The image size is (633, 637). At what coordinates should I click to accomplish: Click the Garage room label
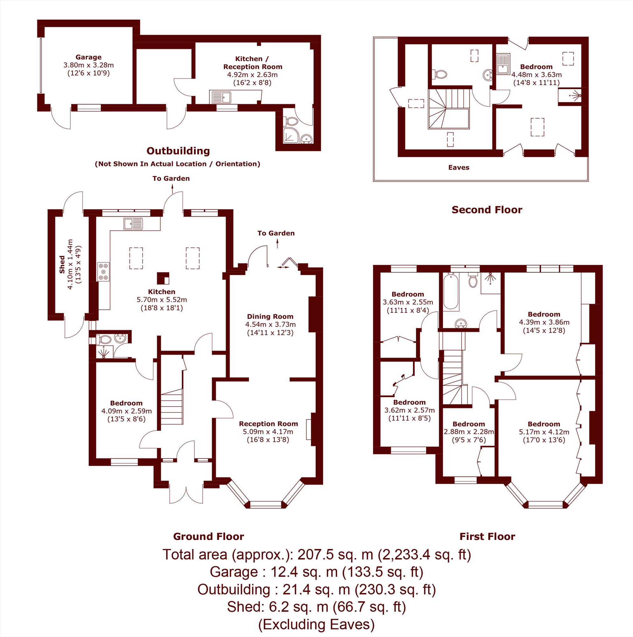pos(88,57)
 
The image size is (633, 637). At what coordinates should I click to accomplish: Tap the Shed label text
pos(62,264)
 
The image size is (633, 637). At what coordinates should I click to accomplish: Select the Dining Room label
pos(270,316)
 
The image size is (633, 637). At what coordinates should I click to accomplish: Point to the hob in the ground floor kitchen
pos(103,272)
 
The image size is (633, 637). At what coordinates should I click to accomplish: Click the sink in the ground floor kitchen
pos(133,224)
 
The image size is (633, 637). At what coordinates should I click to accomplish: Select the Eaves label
pos(459,167)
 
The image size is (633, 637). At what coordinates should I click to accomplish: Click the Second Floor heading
pos(487,210)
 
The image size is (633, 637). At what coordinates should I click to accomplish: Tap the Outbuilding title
pos(178,151)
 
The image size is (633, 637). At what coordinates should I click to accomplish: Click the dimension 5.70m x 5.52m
pos(161,300)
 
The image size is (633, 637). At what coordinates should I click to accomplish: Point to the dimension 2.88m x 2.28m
pos(468,432)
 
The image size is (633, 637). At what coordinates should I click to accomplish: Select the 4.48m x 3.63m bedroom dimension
pos(537,75)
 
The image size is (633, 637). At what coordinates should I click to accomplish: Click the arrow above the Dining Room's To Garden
pos(277,243)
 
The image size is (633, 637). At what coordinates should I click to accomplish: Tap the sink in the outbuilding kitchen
pos(221,97)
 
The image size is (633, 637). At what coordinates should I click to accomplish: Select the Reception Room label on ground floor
pos(268,424)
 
